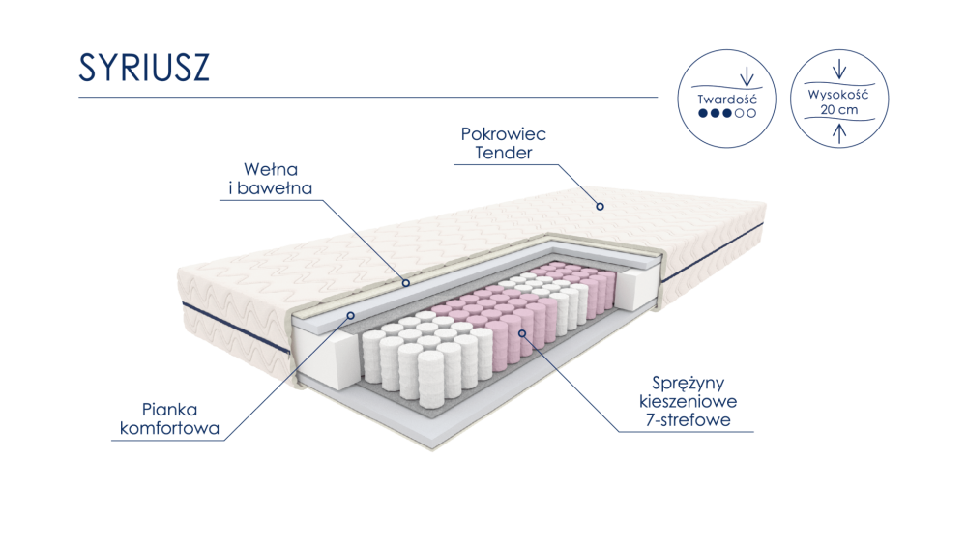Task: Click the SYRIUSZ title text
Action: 144,67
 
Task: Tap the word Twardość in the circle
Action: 726,99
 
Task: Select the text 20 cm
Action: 838,110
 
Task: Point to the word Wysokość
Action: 838,95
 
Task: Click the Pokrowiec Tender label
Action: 503,144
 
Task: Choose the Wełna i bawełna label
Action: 271,179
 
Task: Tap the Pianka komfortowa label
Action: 169,418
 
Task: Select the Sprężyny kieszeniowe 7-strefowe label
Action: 688,401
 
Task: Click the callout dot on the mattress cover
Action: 600,207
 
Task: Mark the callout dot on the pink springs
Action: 522,333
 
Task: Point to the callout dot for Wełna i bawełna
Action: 406,283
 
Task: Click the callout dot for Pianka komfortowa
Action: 350,315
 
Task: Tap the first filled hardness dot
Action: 702,113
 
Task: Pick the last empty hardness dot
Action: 751,113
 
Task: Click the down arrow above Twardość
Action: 747,76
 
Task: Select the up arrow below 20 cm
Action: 838,133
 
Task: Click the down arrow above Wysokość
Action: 838,69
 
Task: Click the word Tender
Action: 503,153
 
